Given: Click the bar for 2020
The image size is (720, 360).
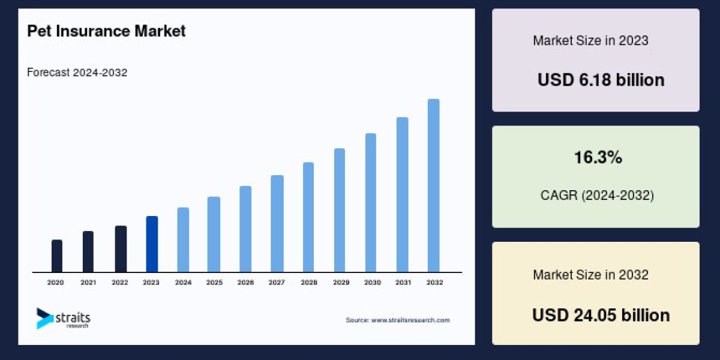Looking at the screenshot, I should [x=57, y=256].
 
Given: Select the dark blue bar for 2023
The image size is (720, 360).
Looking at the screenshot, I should [x=152, y=244].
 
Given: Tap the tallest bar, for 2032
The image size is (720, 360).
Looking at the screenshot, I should [x=433, y=185].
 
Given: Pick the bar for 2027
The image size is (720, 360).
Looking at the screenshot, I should [x=277, y=224].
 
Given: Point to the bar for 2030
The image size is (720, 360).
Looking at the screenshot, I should [x=371, y=203].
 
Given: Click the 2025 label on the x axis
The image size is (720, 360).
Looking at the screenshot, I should [x=214, y=282].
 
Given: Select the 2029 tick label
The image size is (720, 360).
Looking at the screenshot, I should [x=340, y=282].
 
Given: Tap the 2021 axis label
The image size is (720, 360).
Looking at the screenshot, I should [x=88, y=282].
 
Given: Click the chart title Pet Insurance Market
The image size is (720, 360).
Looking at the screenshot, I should [x=106, y=31].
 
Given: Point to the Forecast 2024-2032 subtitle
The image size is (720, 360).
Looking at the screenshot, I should [x=77, y=73].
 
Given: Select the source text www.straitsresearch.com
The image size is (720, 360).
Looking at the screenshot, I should [x=397, y=320].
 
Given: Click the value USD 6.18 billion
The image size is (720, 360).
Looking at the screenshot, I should [x=601, y=80].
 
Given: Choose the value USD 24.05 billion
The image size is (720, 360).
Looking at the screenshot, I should [x=601, y=315].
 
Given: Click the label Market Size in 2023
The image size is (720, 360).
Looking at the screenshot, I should [x=590, y=41].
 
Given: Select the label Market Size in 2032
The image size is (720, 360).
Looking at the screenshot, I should [x=590, y=275].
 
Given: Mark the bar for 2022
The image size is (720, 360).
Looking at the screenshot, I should [x=121, y=249].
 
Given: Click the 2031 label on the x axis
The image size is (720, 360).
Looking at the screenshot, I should [x=402, y=282].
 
